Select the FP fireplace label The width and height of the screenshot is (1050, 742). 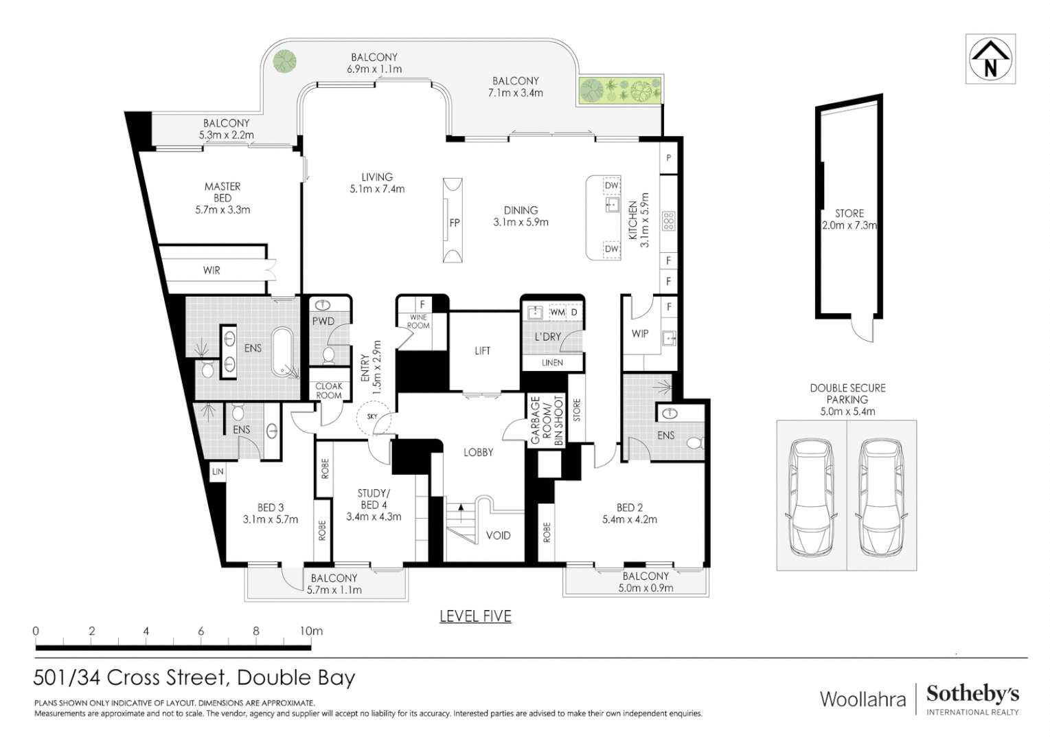click(x=454, y=223)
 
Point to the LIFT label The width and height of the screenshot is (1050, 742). click(x=482, y=350)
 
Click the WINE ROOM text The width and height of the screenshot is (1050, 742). click(x=418, y=322)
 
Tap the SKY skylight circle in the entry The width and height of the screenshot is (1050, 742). click(x=373, y=416)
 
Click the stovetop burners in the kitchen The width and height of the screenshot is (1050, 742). click(x=668, y=221)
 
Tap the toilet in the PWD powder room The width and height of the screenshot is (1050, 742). click(x=328, y=356)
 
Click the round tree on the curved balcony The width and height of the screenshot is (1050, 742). click(x=284, y=61)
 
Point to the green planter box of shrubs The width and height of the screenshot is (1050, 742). click(x=619, y=91)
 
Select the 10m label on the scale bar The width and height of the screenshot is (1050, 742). click(x=311, y=631)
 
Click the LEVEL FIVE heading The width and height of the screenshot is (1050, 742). click(x=475, y=616)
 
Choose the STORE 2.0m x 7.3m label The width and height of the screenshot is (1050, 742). click(x=849, y=219)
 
